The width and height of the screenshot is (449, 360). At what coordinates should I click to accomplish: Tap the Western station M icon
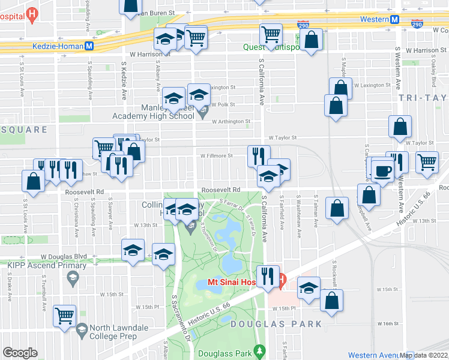395,19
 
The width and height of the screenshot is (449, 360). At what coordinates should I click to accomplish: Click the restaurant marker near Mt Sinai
268,277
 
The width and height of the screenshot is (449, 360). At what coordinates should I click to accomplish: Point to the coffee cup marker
382,171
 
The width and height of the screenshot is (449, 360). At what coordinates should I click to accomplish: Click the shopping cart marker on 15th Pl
64,315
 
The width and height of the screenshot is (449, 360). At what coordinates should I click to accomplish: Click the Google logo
20,353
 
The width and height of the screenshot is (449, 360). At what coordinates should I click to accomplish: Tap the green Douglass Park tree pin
259,350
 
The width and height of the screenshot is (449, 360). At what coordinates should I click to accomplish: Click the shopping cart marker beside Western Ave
427,161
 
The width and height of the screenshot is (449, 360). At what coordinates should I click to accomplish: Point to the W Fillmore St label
217,155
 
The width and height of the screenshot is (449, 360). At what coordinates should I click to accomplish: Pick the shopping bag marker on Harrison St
312,41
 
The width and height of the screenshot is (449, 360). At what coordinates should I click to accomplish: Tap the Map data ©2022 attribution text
423,355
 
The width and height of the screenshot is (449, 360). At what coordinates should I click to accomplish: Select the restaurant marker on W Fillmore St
259,156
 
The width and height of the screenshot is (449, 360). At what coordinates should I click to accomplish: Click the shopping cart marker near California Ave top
271,34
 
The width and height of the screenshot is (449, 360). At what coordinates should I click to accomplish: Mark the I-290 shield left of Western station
304,25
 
